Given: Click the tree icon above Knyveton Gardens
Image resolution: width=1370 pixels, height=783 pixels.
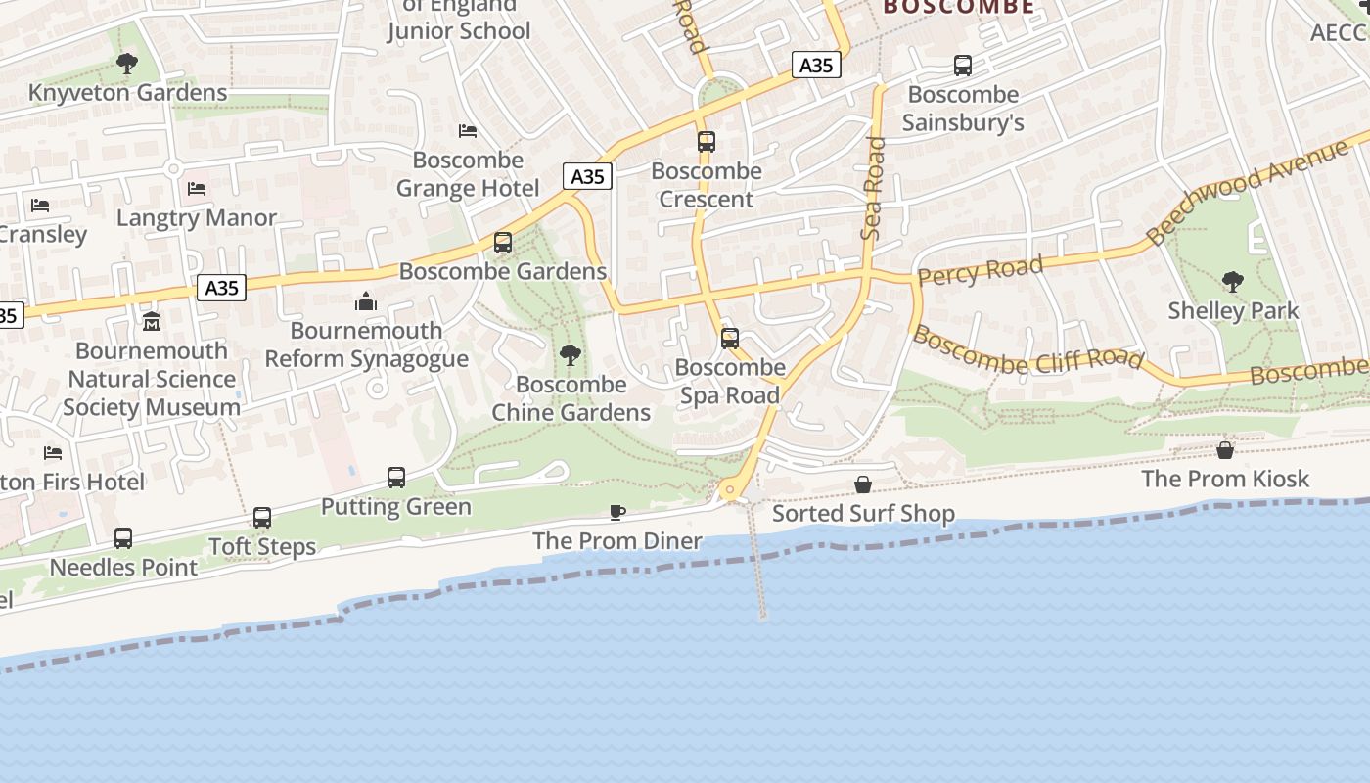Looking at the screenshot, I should coord(126,65).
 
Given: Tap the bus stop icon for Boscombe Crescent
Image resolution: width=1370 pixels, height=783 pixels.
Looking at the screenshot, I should coord(707,142).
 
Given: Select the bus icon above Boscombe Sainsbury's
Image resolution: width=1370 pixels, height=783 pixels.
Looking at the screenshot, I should coord(963,66).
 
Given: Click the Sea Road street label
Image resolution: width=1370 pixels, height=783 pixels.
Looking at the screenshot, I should coord(873,188).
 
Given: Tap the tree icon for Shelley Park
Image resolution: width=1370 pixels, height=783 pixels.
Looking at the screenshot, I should coord(1233,282).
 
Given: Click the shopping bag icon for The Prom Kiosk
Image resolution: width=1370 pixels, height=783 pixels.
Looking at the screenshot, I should coord(1225,450).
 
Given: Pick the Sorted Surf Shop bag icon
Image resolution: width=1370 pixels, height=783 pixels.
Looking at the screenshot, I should coord(863,484).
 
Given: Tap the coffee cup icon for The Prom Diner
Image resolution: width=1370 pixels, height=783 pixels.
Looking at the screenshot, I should coord(617,512).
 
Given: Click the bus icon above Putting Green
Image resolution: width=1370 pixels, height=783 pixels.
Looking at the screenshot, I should coord(396,478).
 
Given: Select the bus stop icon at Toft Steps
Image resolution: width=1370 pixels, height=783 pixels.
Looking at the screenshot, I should coord(262,518).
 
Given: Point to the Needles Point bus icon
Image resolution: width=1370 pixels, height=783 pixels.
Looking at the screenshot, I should coord(123,538).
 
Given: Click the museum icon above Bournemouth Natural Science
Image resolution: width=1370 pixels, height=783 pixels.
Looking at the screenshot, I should coord(152,322).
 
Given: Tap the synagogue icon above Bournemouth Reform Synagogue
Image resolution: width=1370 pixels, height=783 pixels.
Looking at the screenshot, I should coord(366,301).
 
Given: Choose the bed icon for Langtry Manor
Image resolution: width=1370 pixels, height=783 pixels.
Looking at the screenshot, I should coord(197,188).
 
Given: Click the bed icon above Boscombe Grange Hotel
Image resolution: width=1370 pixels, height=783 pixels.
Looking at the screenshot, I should coord(468,131).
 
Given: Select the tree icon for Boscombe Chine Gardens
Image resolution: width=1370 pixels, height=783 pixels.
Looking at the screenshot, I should coord(571,355).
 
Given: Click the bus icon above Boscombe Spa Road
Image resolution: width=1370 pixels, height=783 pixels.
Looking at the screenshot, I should coord(730,339).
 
